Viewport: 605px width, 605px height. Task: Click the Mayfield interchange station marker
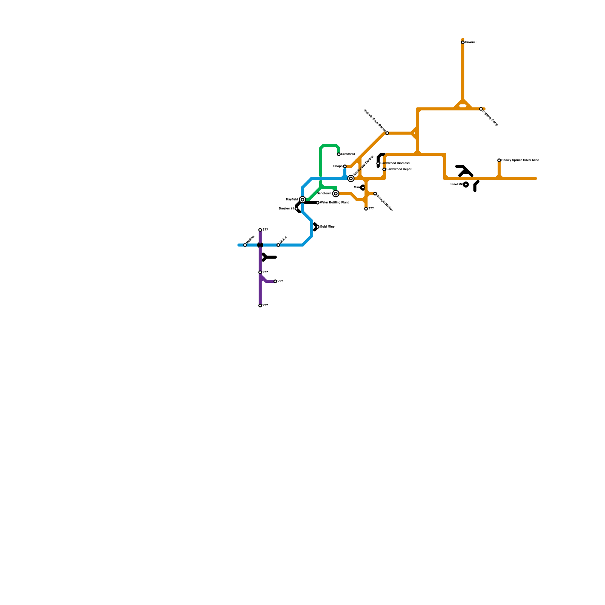302,200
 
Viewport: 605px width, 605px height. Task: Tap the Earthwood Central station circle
351,178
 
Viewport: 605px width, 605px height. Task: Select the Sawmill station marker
463,42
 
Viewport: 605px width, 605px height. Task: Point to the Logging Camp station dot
481,109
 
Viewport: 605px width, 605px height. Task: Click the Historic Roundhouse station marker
387,133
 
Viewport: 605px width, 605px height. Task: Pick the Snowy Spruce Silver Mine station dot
499,160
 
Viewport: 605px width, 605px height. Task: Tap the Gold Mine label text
327,227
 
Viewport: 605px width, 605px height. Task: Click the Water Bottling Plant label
334,203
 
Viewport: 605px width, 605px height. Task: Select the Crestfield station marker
339,154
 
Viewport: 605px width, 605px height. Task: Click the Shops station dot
345,166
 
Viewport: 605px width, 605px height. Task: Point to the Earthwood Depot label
399,169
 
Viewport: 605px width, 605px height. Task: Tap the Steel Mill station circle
466,185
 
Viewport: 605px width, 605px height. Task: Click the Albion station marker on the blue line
278,245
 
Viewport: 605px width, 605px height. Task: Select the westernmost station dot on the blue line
245,245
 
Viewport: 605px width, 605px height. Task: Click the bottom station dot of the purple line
260,306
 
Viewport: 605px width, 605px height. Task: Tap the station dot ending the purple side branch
275,281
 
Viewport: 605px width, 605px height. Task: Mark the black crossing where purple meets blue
260,245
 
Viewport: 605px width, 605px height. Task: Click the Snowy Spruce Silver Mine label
520,160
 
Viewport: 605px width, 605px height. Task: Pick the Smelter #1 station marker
296,209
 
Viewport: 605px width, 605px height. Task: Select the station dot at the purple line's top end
260,230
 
